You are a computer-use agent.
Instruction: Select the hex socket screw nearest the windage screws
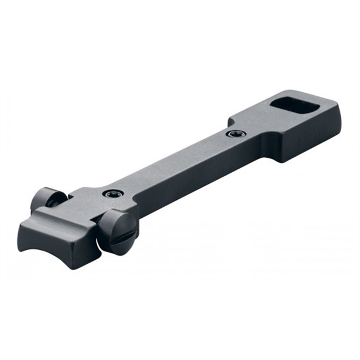tap(109, 194)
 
